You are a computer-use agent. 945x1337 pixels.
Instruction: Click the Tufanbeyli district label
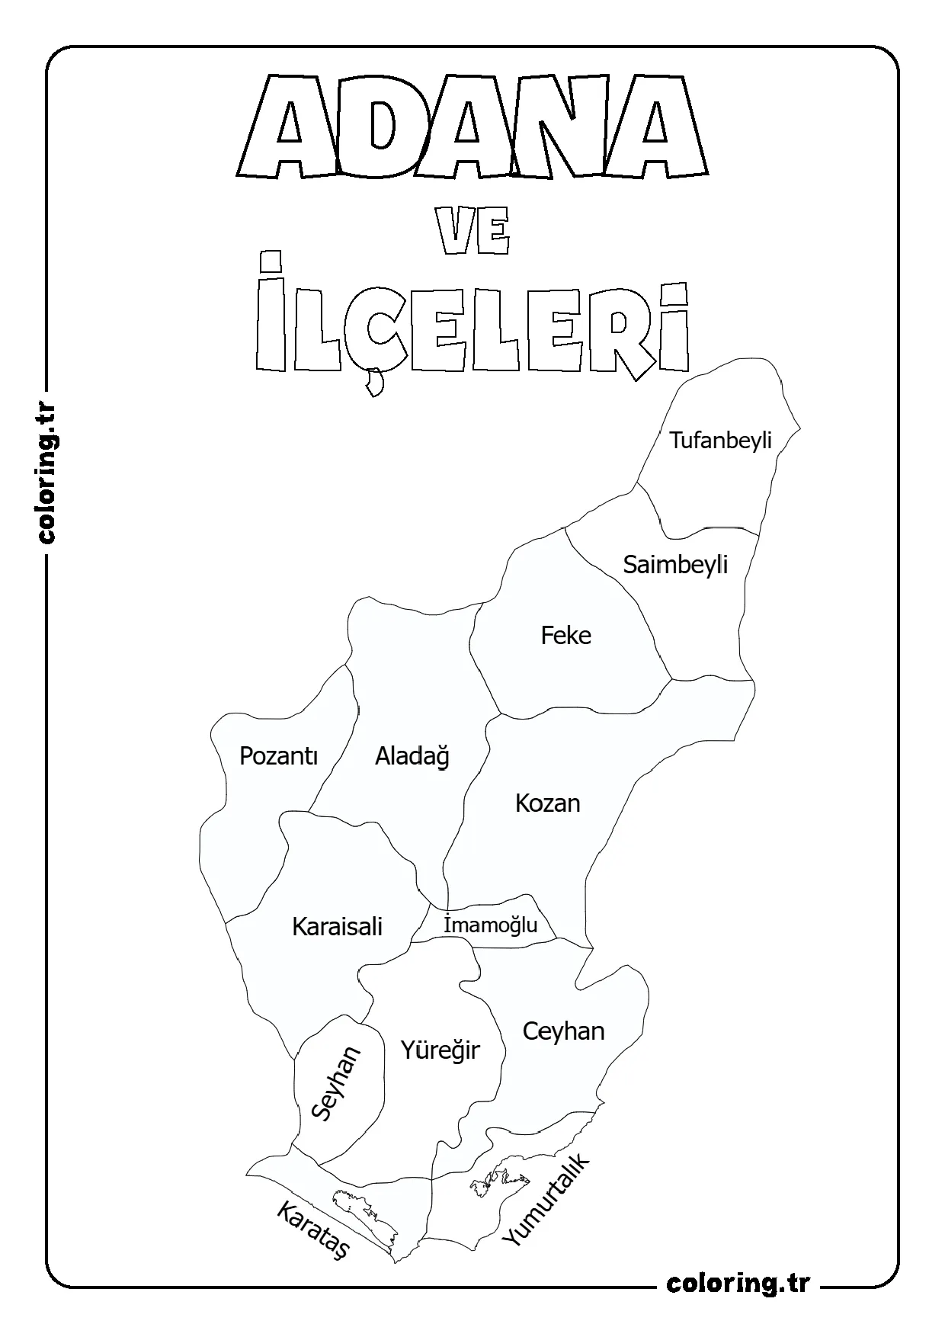coord(720,441)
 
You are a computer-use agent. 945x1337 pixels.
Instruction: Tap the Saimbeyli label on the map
coord(675,565)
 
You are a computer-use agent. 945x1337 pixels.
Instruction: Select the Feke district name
coord(565,635)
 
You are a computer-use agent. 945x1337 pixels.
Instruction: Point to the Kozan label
coord(547,803)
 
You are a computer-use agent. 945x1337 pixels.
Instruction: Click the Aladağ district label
coord(412,756)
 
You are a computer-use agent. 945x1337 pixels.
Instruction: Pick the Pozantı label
coord(278,755)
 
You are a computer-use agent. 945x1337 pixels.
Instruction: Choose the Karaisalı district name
coord(337,927)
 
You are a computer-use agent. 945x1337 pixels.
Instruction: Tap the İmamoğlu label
coord(490,925)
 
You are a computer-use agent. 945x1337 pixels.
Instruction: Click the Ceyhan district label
coord(563,1031)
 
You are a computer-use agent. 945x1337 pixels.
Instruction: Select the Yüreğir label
coord(440,1050)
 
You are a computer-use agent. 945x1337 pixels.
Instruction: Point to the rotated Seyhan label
coord(336,1082)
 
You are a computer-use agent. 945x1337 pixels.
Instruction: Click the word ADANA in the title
coord(470,126)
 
